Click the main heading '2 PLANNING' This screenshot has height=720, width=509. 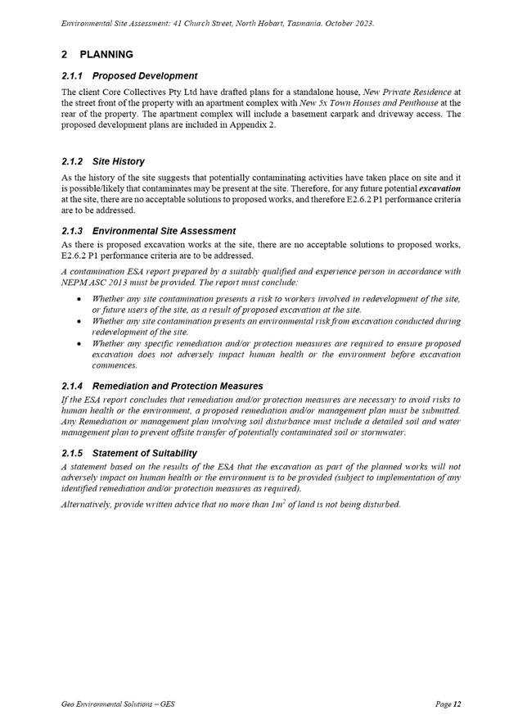coord(97,55)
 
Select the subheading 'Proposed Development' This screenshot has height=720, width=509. coord(145,76)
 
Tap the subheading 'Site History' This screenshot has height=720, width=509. coord(119,162)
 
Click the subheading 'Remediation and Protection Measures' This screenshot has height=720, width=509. coord(178,386)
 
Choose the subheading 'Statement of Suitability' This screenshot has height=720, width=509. coord(145,453)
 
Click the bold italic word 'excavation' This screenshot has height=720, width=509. coord(440,188)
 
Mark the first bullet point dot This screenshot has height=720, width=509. coord(77,299)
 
